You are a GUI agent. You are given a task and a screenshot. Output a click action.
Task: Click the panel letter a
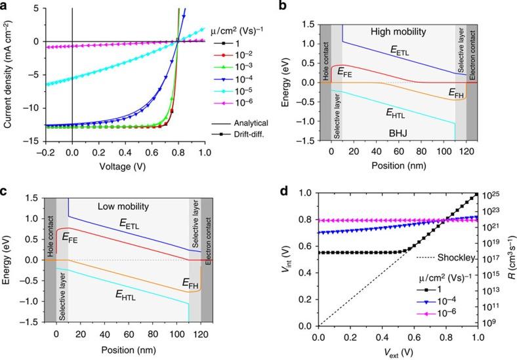click(5, 6)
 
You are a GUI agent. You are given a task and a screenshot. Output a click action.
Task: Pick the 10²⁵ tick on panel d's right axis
click(493, 195)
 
